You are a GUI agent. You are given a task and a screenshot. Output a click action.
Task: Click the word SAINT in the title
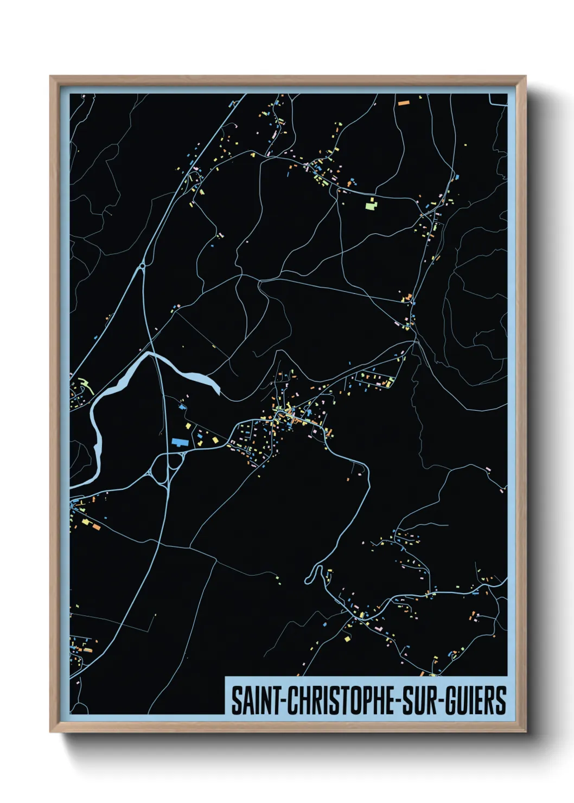click(x=254, y=700)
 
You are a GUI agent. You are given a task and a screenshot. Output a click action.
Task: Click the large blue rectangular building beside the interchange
click(x=178, y=442)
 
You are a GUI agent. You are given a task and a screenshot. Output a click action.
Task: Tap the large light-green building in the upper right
click(x=371, y=205)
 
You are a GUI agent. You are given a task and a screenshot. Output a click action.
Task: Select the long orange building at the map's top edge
click(x=403, y=103)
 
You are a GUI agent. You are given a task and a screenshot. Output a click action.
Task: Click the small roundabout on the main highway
click(x=142, y=266)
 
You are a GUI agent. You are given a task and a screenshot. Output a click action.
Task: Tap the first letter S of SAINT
click(x=237, y=700)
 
